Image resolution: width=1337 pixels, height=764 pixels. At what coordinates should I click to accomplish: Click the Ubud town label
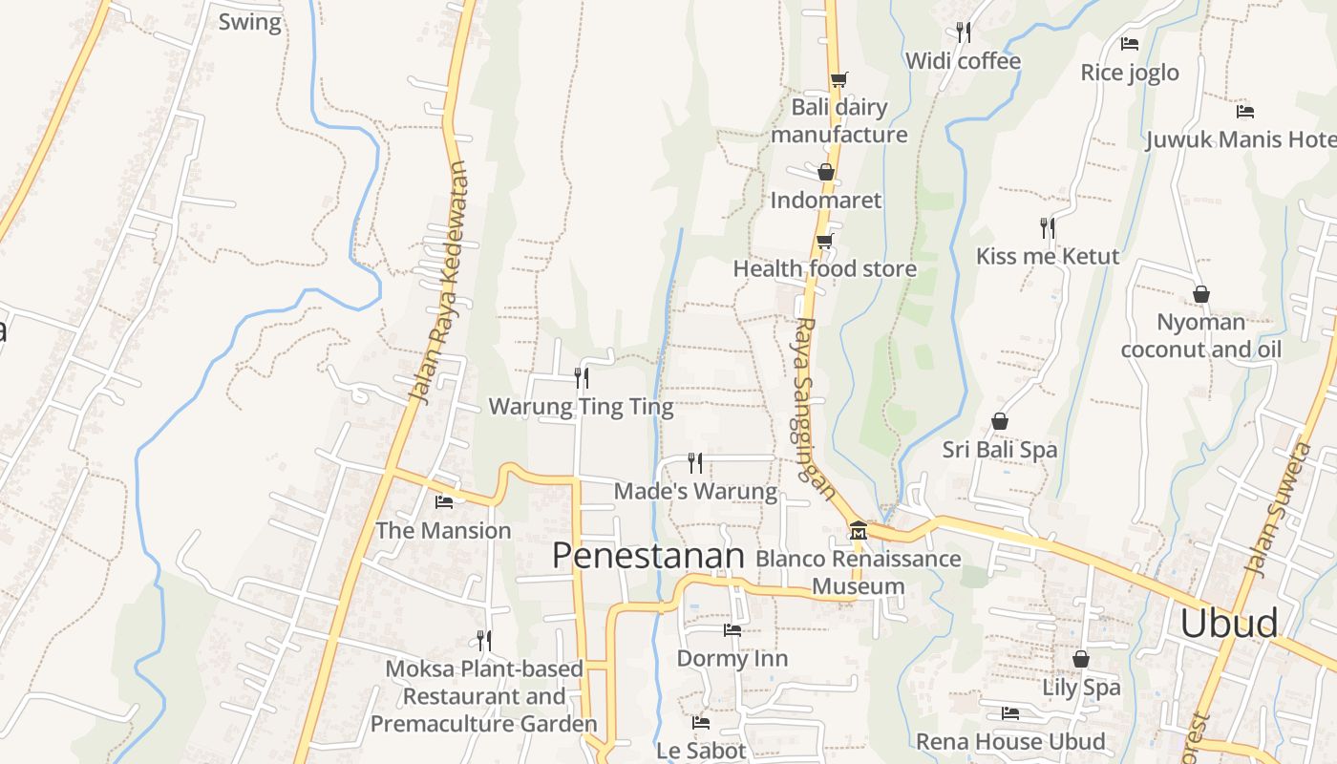(1228, 624)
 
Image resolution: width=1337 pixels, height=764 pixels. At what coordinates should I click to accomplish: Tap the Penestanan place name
(648, 556)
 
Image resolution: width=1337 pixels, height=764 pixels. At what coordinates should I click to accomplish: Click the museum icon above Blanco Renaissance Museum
(858, 530)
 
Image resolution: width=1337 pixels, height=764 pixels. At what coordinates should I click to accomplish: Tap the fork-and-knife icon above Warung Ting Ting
(581, 378)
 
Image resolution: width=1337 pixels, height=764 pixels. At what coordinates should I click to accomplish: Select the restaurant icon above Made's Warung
(695, 463)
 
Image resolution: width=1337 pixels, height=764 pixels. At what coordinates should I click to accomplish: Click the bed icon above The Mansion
(444, 502)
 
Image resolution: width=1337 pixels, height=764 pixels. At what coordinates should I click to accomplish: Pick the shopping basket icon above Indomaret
(825, 172)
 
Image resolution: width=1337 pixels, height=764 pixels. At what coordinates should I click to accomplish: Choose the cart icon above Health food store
(825, 241)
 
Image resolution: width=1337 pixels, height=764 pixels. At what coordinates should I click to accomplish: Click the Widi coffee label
(963, 61)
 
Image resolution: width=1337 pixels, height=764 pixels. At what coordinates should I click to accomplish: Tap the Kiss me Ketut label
(1048, 256)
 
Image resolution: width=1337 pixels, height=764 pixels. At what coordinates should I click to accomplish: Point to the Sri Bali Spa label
(1000, 450)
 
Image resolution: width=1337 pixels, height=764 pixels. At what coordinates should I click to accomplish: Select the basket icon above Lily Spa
(1081, 659)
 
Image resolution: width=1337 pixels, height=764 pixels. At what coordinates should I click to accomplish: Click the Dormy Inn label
(732, 658)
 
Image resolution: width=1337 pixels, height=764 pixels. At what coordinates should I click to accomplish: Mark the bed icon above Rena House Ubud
(1010, 713)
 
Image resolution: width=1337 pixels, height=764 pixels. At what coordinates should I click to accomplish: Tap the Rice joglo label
(1130, 73)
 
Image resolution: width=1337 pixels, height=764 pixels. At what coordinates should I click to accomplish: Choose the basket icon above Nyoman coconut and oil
(1201, 294)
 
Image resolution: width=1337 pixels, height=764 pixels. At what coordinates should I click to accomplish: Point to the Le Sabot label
(701, 751)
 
